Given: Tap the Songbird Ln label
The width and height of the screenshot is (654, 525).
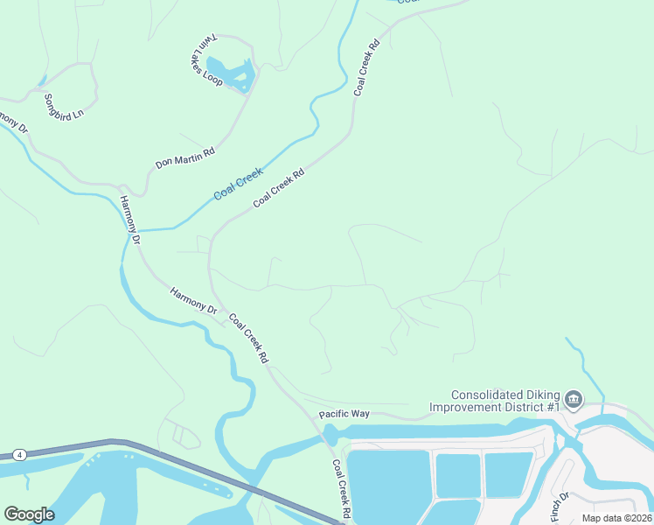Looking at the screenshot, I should [x=63, y=107].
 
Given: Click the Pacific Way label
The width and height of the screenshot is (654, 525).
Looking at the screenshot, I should [x=344, y=413].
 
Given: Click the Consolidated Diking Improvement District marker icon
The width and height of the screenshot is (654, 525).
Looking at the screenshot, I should [x=574, y=401].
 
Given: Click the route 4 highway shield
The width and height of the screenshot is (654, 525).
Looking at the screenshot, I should [x=17, y=455].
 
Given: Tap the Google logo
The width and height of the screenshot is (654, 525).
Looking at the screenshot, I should [x=29, y=514].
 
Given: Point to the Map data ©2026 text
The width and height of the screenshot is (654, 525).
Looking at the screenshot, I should [x=616, y=518].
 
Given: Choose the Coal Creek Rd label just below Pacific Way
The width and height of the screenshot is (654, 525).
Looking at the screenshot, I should [x=341, y=487].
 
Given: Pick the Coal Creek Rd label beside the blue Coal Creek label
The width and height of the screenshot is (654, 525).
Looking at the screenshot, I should [x=279, y=188].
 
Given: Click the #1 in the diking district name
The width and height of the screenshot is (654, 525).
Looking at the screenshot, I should [x=553, y=407].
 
